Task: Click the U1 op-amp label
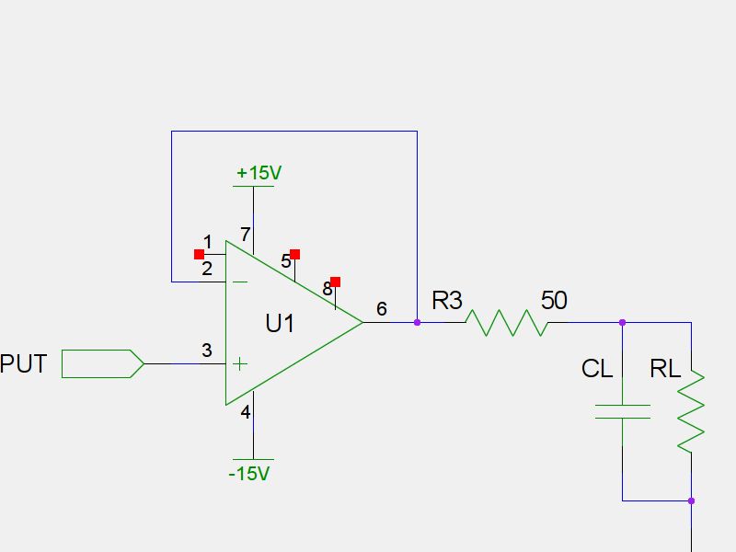click(x=280, y=324)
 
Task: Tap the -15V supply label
click(x=249, y=474)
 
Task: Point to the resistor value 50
click(x=554, y=301)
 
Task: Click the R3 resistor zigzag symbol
click(x=507, y=323)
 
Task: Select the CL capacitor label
click(x=597, y=369)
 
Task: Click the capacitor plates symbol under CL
click(x=622, y=410)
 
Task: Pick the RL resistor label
click(x=665, y=369)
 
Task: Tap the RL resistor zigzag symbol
click(x=691, y=410)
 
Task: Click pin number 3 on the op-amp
click(x=207, y=351)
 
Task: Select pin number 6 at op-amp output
click(x=382, y=310)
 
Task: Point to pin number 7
click(x=245, y=235)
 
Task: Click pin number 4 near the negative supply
click(x=246, y=412)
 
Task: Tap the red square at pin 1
click(x=199, y=254)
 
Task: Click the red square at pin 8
click(x=336, y=282)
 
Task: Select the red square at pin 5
click(x=295, y=254)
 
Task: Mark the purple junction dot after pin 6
click(x=417, y=322)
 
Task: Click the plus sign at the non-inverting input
click(x=239, y=363)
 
